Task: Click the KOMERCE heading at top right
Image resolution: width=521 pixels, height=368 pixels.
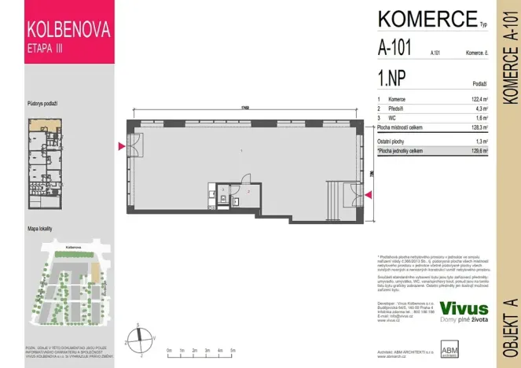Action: [x=427, y=18]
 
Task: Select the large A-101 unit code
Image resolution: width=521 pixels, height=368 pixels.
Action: [x=394, y=49]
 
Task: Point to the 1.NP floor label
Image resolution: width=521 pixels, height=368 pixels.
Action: [x=391, y=79]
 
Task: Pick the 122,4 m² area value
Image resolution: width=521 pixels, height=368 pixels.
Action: [x=478, y=100]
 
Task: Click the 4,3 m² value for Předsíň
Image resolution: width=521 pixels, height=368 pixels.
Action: [x=480, y=109]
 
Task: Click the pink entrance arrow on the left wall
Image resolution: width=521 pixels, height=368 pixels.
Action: [x=121, y=146]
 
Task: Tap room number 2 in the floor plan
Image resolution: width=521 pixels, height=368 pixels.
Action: [x=248, y=191]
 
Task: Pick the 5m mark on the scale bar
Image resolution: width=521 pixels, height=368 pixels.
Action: [x=235, y=350]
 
